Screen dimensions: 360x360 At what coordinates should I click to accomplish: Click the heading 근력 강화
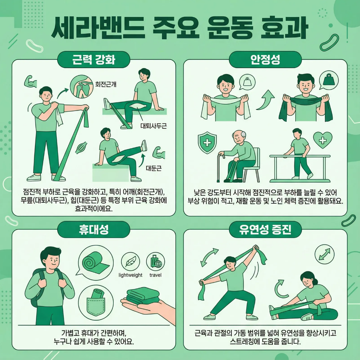pyautogui.click(x=93, y=60)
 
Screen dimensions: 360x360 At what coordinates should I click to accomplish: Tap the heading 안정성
pyautogui.click(x=265, y=60)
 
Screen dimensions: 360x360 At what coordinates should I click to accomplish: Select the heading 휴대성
pyautogui.click(x=93, y=229)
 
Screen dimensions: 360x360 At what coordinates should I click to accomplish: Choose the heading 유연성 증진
pyautogui.click(x=265, y=229)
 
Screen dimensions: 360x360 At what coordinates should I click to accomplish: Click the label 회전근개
pyautogui.click(x=106, y=84)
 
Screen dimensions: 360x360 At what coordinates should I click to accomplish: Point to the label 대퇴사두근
pyautogui.click(x=154, y=126)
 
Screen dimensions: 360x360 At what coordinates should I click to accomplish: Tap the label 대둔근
pyautogui.click(x=154, y=168)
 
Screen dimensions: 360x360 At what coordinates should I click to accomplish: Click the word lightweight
pyautogui.click(x=130, y=275)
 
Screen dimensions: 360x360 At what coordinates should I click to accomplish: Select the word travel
pyautogui.click(x=155, y=275)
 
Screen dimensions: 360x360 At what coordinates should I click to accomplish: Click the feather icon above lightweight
pyautogui.click(x=130, y=262)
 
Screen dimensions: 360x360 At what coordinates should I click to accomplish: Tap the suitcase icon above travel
pyautogui.click(x=156, y=262)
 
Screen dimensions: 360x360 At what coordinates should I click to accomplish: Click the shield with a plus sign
pyautogui.click(x=207, y=143)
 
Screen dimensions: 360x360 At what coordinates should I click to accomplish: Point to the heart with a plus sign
pyautogui.click(x=323, y=140)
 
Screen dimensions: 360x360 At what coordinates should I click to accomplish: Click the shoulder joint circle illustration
pyautogui.click(x=82, y=86)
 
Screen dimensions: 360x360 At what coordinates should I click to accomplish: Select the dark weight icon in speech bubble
pyautogui.click(x=329, y=80)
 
